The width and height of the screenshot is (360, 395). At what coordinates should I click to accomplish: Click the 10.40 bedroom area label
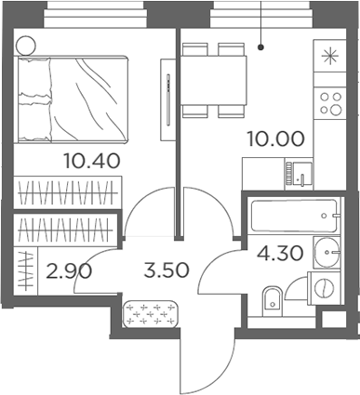point(90,159)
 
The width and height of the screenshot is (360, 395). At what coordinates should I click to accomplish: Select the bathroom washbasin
point(324,250)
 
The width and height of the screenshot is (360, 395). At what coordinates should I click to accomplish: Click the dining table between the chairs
point(214,79)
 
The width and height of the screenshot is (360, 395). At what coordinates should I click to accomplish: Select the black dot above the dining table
point(263,44)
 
